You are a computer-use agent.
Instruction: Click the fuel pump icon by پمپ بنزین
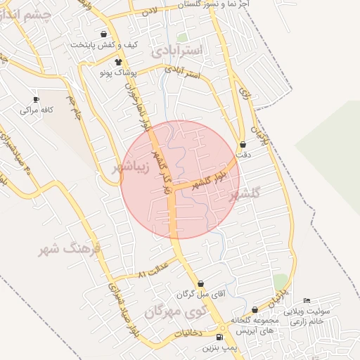point(223,338)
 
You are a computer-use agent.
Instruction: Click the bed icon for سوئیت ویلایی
point(306,300)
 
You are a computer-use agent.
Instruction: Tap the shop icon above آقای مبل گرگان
point(200,284)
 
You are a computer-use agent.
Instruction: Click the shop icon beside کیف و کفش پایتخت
point(104,34)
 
